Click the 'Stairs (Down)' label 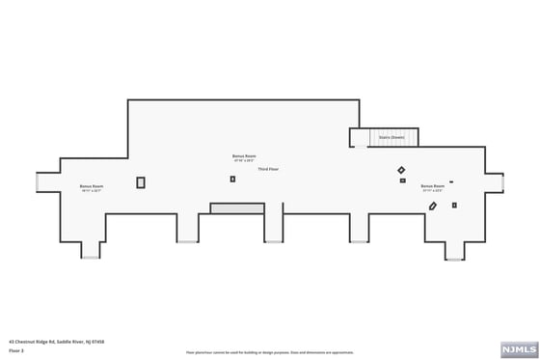click(x=391, y=138)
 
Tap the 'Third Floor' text click(x=269, y=169)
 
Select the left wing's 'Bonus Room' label click(x=92, y=185)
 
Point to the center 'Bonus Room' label click(x=244, y=155)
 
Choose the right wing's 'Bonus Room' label click(x=433, y=185)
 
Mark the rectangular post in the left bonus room click(x=141, y=182)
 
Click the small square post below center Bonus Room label click(x=232, y=179)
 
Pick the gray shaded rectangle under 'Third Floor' click(x=237, y=208)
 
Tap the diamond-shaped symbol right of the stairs click(x=402, y=171)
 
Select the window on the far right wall click(x=503, y=183)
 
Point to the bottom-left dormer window click(x=91, y=258)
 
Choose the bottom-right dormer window click(x=454, y=259)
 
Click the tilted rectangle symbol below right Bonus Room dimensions click(x=436, y=205)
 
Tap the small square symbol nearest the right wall click(x=454, y=205)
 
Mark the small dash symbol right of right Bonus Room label click(x=451, y=180)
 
